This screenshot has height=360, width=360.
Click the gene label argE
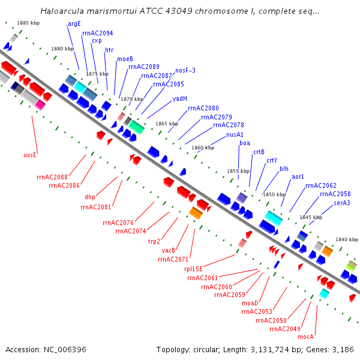[x=74, y=23]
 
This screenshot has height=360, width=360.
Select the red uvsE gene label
[x=31, y=155]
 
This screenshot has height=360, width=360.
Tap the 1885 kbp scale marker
[x=28, y=23]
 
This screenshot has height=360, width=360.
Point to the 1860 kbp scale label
[x=202, y=148]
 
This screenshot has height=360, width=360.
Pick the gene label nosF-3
[x=185, y=70]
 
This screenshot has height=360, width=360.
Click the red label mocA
[x=306, y=337]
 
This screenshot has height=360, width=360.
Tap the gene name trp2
[x=154, y=241]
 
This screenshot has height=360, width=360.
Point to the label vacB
[x=168, y=250]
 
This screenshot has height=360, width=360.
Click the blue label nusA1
[x=235, y=134]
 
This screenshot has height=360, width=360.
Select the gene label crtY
[x=272, y=160]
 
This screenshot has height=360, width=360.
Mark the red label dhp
[x=89, y=197]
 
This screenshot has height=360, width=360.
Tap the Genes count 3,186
[x=341, y=349]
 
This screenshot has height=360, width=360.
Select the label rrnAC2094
[x=97, y=33]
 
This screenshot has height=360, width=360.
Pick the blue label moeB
[x=125, y=59]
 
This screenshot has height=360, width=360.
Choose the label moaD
[x=250, y=303]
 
